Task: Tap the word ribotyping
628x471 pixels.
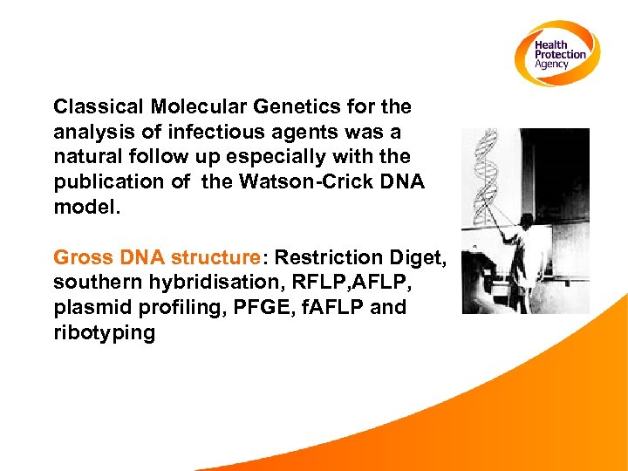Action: [x=104, y=333]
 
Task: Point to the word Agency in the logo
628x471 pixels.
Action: [x=552, y=64]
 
